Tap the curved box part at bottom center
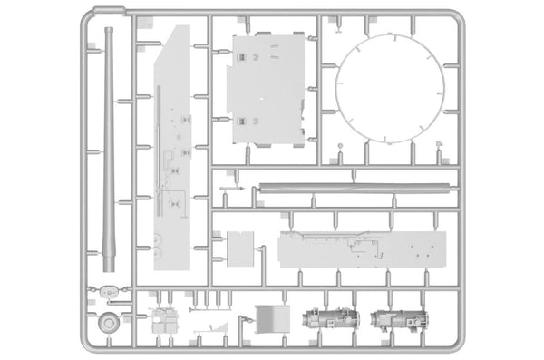(268, 319)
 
